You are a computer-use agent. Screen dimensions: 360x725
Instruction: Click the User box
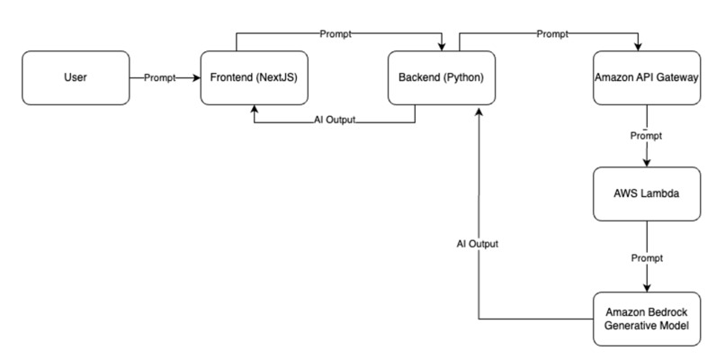click(x=76, y=78)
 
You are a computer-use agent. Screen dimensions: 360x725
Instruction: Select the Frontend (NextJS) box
click(x=255, y=78)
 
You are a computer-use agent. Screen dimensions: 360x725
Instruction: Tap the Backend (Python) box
click(x=441, y=78)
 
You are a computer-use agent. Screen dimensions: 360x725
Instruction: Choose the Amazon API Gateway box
click(x=646, y=78)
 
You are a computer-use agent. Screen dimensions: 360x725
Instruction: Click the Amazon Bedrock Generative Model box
click(x=646, y=319)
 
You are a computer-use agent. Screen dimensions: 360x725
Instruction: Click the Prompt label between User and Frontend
click(x=160, y=78)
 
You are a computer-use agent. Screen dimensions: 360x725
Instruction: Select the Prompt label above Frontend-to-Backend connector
click(x=336, y=34)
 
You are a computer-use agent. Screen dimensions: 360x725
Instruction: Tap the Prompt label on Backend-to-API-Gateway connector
click(x=552, y=34)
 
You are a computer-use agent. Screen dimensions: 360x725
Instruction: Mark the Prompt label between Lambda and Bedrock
click(x=646, y=257)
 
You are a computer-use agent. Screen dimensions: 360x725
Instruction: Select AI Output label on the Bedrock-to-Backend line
click(x=479, y=243)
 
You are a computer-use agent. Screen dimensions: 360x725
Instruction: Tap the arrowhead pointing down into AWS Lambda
click(x=646, y=164)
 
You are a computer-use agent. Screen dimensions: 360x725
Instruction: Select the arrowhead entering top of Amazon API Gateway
click(x=640, y=46)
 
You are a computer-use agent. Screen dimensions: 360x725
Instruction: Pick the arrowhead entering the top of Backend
click(x=441, y=46)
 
